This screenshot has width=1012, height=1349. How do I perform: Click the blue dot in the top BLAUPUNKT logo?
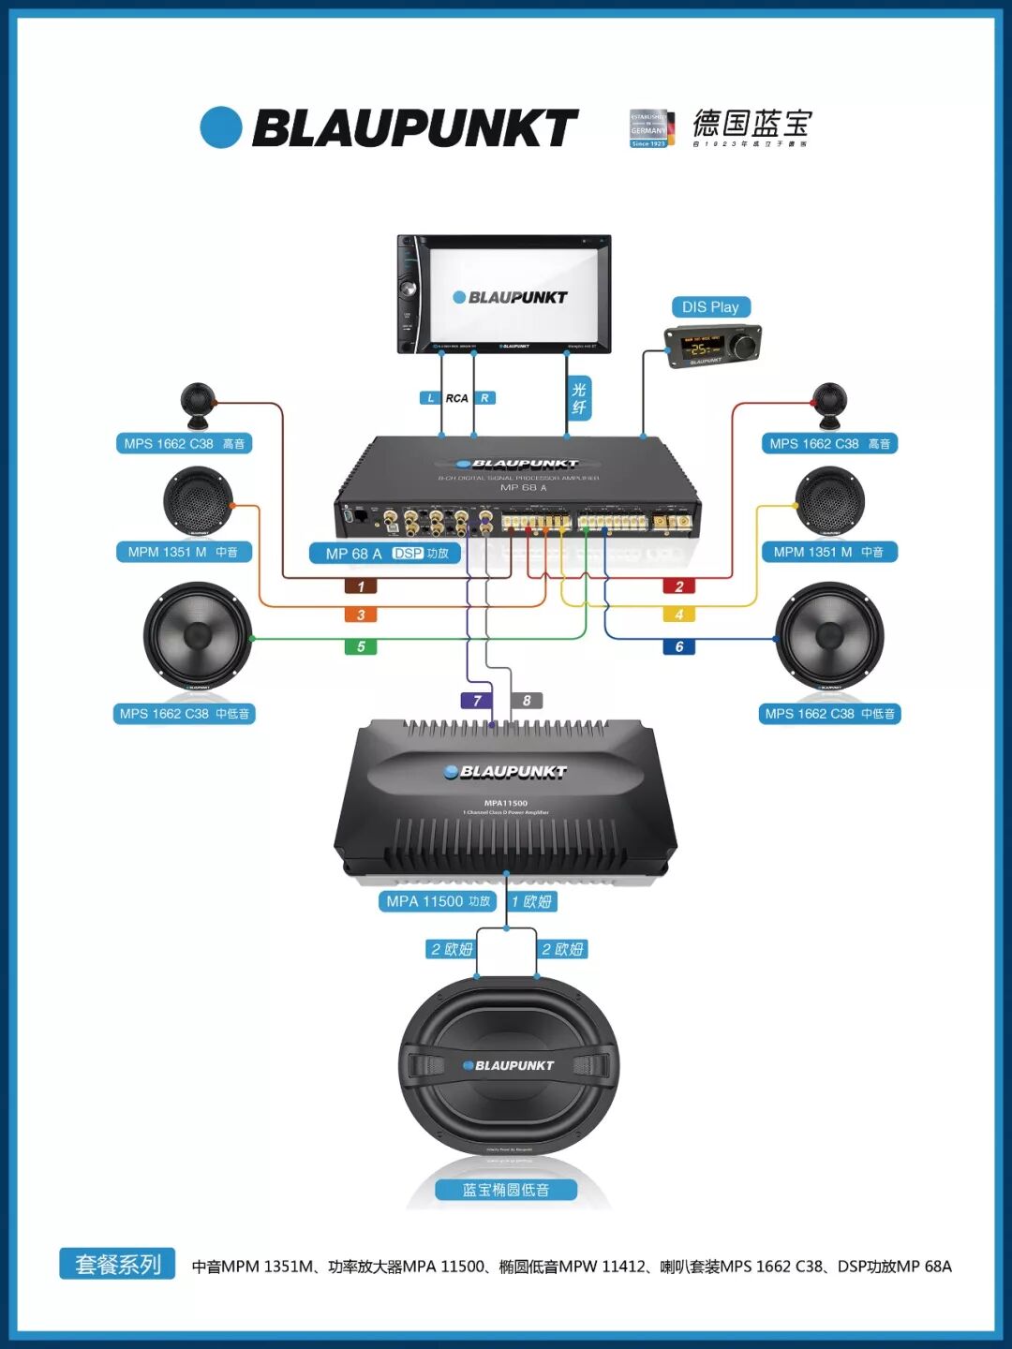221,127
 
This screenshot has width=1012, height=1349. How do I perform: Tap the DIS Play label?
710,307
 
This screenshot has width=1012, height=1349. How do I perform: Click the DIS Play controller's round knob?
746,347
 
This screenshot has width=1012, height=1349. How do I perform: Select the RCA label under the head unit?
456,398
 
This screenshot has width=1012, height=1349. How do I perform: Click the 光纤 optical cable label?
579,398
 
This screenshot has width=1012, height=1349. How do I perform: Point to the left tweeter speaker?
198,402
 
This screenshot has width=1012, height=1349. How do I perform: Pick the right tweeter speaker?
829,402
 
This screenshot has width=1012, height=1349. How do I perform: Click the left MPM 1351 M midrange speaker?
197,501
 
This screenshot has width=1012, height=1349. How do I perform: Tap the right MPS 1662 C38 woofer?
829,636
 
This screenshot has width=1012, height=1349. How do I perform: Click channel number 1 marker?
361,586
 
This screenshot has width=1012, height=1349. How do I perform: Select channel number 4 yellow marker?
679,615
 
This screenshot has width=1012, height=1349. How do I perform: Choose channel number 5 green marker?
361,646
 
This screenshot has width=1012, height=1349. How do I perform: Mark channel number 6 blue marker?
679,646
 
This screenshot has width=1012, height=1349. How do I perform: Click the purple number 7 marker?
477,701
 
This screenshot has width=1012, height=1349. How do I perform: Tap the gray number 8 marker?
527,701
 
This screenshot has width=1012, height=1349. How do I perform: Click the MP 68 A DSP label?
386,554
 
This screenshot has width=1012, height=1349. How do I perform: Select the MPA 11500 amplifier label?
438,901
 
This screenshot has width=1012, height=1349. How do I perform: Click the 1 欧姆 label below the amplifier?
532,901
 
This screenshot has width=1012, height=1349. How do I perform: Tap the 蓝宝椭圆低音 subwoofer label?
506,1190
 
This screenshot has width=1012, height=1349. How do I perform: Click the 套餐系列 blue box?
118,1265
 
